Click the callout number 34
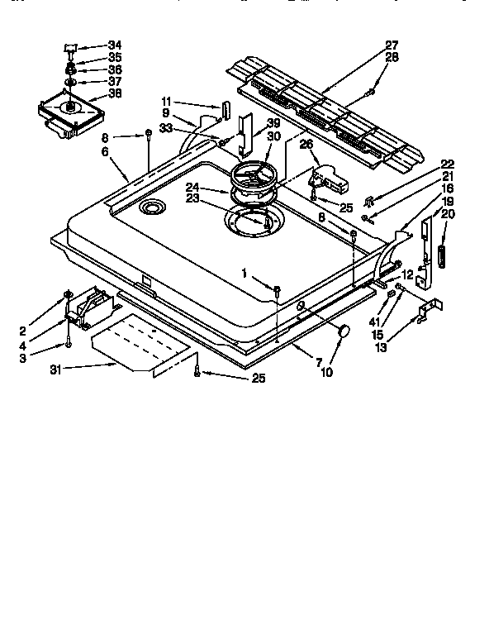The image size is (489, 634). point(114,45)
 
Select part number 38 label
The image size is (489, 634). point(114,93)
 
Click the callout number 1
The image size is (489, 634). point(244,273)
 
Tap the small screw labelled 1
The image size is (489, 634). point(278,289)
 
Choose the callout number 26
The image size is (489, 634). point(305,144)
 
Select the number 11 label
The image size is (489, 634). point(168,102)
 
